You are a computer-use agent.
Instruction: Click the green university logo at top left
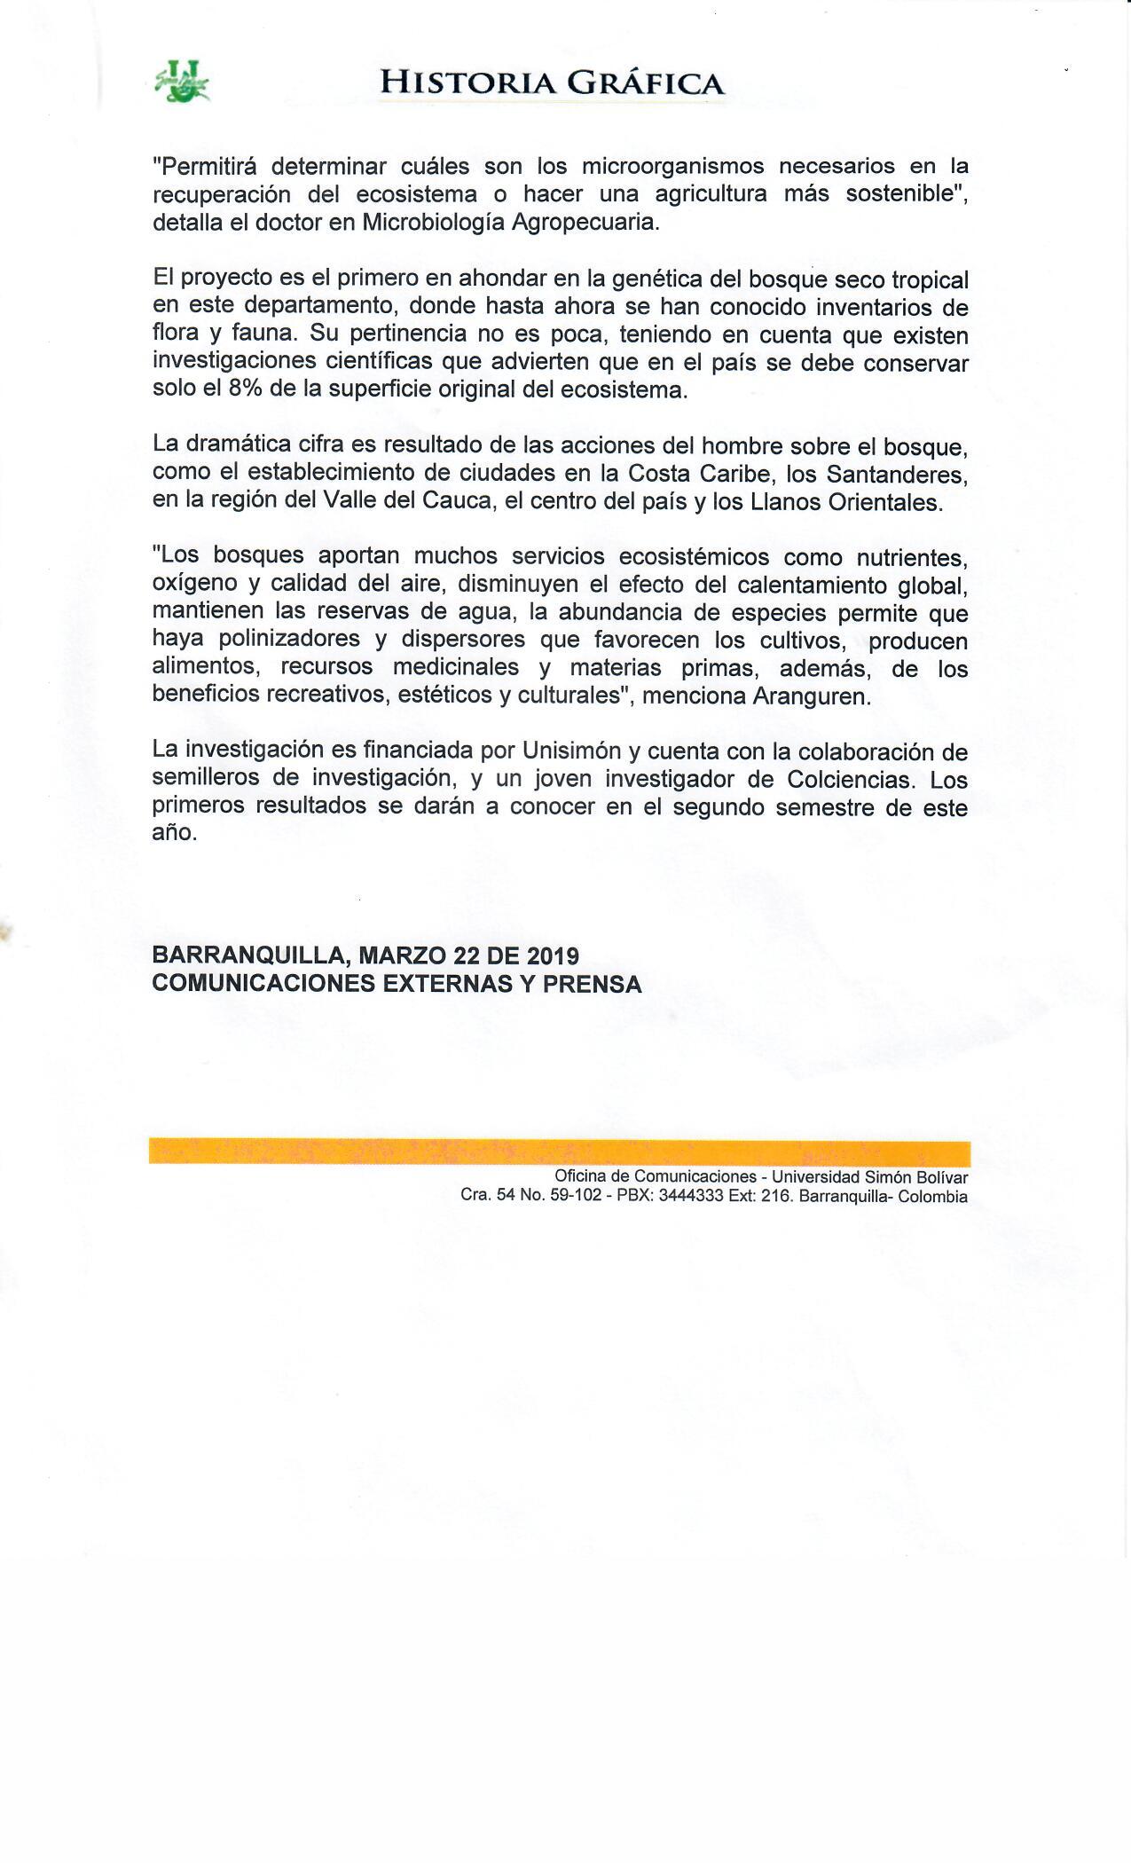click(x=181, y=82)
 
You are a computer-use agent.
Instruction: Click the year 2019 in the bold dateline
click(x=553, y=955)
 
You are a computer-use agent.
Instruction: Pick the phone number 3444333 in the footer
click(x=692, y=1196)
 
